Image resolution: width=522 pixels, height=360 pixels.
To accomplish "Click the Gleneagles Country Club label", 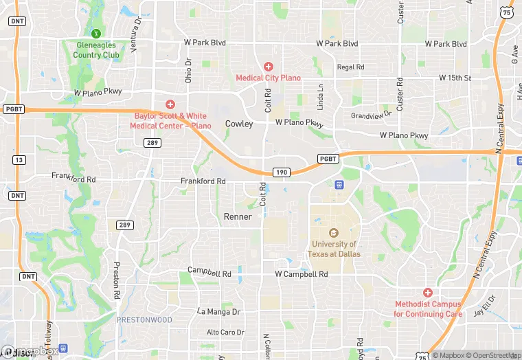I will [97, 50].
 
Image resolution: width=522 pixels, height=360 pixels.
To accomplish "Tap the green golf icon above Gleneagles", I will [97, 32].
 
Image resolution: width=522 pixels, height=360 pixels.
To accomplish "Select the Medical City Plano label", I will [269, 78].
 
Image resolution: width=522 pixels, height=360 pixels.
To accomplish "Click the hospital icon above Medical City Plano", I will [269, 67].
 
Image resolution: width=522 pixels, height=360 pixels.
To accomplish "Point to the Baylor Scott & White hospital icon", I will [170, 104].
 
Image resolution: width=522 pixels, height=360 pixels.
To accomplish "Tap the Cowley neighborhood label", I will [239, 124].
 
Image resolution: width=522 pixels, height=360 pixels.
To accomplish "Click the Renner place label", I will [238, 216].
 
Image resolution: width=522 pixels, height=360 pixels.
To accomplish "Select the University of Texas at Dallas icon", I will [334, 232].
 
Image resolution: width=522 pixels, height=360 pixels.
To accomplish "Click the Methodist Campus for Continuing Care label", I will [428, 309].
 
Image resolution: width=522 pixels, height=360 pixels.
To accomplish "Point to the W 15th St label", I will [455, 78].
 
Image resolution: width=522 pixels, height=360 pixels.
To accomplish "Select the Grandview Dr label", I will [371, 115].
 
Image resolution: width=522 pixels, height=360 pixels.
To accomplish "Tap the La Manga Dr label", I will [218, 311].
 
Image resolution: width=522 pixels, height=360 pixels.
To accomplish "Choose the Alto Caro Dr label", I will [225, 333].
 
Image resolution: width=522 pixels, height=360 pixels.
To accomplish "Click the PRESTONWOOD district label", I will [144, 320].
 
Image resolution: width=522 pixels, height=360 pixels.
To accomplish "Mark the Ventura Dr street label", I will [138, 26].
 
